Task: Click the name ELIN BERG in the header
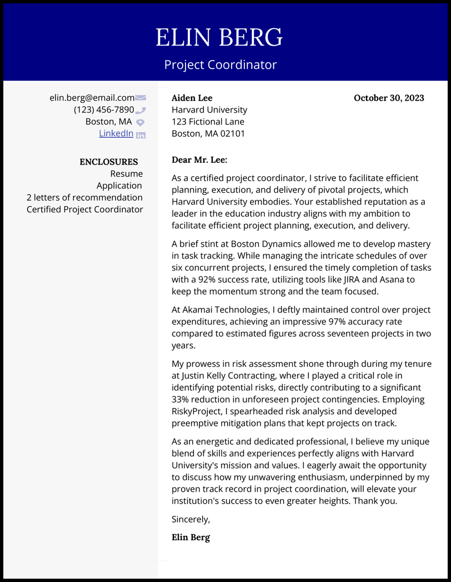pos(219,38)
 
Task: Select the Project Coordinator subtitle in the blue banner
pos(221,64)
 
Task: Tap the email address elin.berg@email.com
pos(92,98)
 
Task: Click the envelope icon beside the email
pos(141,98)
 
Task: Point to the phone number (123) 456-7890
pos(104,110)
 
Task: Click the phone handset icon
pos(141,110)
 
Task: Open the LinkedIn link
pos(116,133)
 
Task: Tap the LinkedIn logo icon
pos(141,135)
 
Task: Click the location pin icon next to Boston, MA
pos(141,122)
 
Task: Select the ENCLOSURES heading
pos(109,162)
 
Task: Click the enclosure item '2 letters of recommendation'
pos(84,197)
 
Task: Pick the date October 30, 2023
pos(389,98)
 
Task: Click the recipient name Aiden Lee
pos(192,98)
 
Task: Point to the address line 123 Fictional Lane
pos(208,122)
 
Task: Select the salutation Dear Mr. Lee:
pos(199,160)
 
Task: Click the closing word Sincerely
pos(191,519)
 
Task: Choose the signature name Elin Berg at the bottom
pos(191,537)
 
